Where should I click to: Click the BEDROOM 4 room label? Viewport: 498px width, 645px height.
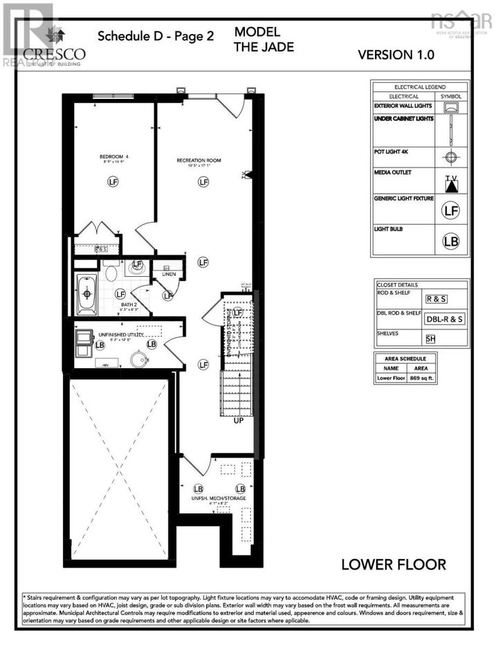[x=113, y=157]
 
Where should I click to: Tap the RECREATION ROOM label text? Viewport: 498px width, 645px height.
[x=199, y=161]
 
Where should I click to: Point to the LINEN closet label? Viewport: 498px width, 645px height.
[x=169, y=275]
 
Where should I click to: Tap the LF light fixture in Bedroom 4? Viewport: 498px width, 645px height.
[x=113, y=182]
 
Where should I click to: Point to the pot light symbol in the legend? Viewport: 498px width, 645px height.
[x=451, y=156]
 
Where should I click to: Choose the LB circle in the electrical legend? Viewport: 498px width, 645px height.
[x=451, y=242]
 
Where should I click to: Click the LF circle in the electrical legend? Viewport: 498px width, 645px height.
[x=451, y=209]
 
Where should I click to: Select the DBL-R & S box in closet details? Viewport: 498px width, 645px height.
[x=444, y=318]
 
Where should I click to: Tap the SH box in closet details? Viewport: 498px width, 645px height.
[x=431, y=338]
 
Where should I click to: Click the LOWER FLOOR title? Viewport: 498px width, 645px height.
[x=393, y=565]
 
